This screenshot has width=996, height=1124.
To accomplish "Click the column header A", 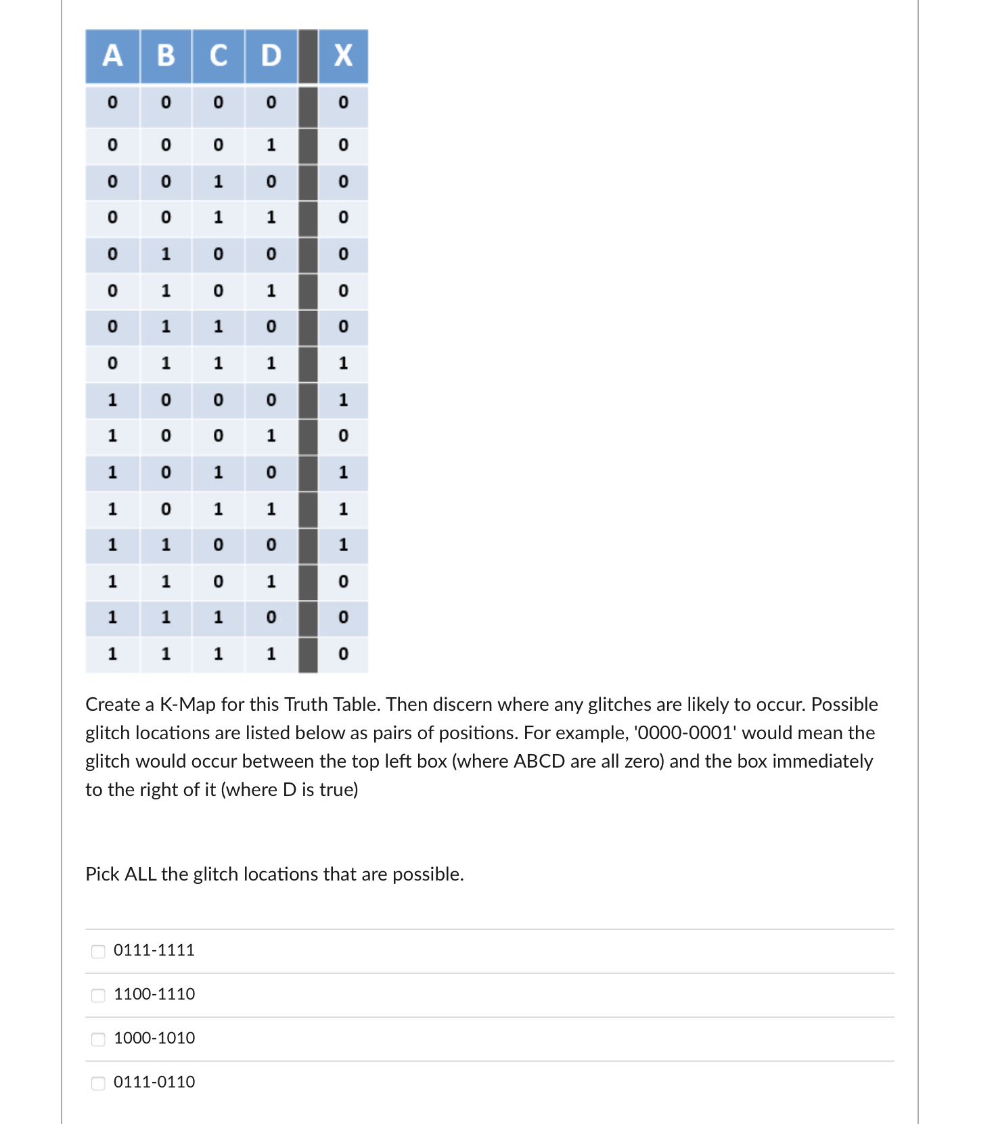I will point(112,55).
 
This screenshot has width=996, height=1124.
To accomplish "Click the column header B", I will point(166,55).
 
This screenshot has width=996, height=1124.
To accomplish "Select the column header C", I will point(218,55).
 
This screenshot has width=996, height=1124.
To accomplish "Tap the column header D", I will point(271,55).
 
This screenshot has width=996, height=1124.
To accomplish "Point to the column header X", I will point(343,55).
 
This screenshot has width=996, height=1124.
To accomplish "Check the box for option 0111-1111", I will point(98,951).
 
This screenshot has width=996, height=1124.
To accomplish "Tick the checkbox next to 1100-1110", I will point(98,995).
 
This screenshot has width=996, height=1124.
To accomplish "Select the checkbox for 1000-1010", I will point(98,1039).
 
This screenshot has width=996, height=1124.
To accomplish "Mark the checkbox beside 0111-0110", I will point(98,1083).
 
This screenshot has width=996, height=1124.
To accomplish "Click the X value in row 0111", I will point(343,363).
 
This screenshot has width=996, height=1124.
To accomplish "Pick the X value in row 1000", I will point(343,400).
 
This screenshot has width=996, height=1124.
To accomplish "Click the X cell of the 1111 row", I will point(343,654).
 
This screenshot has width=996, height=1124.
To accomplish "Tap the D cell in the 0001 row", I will point(271,145).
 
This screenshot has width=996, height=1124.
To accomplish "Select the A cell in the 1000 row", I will point(112,400).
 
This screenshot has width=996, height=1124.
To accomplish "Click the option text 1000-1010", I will point(154,1038).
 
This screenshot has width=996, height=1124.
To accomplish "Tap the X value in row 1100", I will point(343,544).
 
